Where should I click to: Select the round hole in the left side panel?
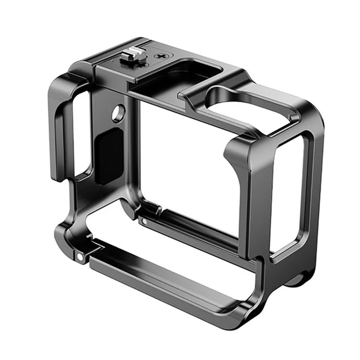118,113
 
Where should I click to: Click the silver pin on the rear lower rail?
144,221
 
